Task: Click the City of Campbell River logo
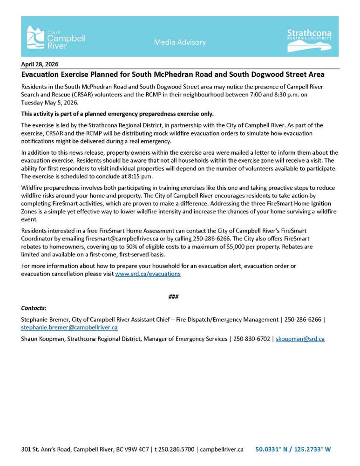(56, 37)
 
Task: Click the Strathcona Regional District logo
(309, 39)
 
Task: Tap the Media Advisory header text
(180, 42)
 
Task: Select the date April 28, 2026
(40, 64)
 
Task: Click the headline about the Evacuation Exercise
(173, 75)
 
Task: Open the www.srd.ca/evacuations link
(148, 274)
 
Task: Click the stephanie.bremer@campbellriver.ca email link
(69, 328)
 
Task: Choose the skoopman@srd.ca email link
(300, 339)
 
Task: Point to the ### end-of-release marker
(174, 297)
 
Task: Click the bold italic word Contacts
(34, 308)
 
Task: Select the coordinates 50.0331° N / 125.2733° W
(293, 450)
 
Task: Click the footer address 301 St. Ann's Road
(49, 450)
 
